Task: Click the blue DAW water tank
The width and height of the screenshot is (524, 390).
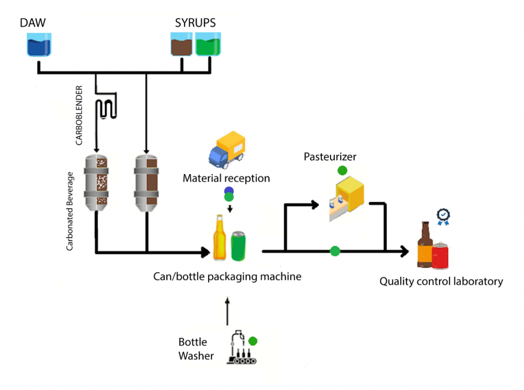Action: pos(39,45)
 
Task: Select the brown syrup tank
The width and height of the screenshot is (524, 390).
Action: pos(181,45)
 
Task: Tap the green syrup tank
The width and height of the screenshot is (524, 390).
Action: pos(207,45)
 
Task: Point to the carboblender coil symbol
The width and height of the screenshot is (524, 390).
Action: pos(108,106)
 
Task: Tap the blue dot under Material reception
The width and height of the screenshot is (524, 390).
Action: pos(228,191)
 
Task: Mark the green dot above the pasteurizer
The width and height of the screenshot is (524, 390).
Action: pos(342,170)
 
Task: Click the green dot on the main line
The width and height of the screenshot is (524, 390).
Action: pos(335,251)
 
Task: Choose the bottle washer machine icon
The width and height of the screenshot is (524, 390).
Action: pos(241,348)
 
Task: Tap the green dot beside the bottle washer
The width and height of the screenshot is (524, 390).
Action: pos(253,341)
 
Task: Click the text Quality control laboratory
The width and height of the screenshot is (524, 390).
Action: pos(441,281)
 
